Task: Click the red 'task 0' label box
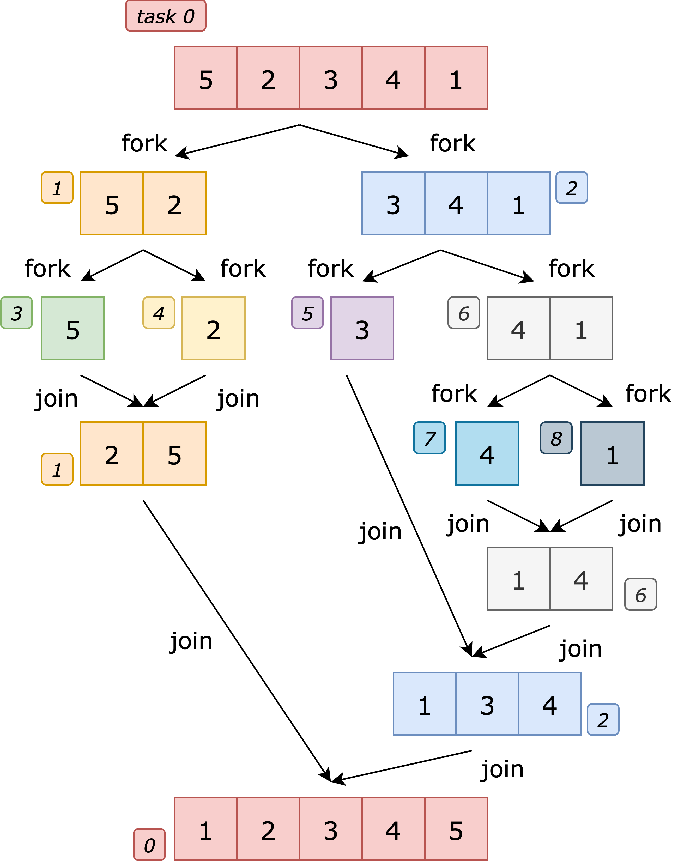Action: coord(166,16)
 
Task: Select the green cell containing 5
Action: coord(73,328)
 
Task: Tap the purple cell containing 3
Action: coord(362,328)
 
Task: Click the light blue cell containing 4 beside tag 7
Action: coord(487,453)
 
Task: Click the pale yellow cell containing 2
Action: coord(214,328)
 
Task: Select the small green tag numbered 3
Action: coord(16,313)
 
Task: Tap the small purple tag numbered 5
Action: coord(307,313)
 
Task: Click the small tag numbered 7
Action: coord(429,438)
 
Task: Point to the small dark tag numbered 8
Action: coord(556,438)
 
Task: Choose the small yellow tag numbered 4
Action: coord(159,313)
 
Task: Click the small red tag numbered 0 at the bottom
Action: coord(149,845)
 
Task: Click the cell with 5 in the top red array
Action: coord(206,78)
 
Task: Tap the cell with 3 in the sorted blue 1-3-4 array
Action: coord(487,704)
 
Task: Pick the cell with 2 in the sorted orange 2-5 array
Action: coord(112,453)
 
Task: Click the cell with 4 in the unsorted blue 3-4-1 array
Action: coord(456,203)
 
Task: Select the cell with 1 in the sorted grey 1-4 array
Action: coord(518,579)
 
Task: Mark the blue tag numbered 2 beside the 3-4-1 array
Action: coord(572,188)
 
